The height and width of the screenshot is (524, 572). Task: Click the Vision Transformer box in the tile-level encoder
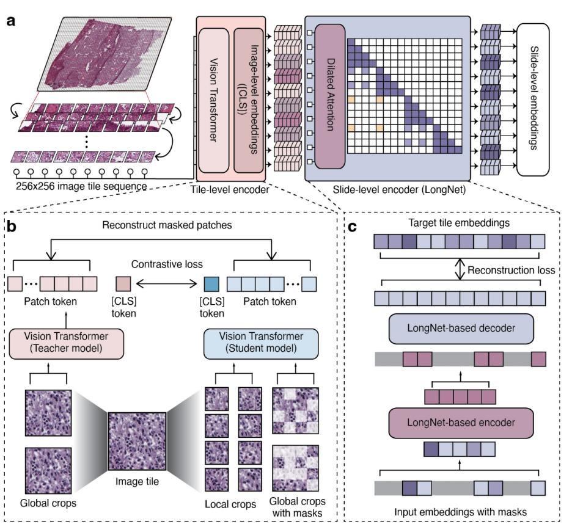(213, 99)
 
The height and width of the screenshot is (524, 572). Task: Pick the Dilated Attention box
(330, 99)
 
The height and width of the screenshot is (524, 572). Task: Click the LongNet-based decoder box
(461, 329)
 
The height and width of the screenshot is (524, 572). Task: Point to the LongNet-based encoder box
(461, 422)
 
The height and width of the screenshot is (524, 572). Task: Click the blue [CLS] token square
(211, 284)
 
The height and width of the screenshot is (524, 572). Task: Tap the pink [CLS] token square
(123, 284)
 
